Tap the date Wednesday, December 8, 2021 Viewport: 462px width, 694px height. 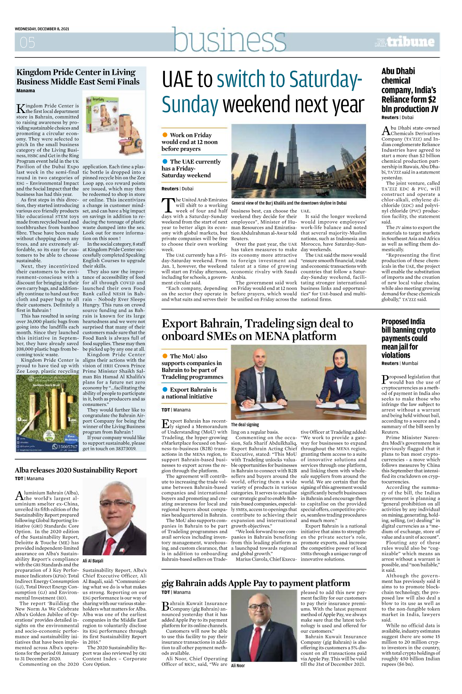42,29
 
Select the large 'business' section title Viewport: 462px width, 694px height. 229,40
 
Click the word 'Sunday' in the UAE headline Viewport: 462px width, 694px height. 190,104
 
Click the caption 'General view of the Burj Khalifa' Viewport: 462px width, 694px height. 289,203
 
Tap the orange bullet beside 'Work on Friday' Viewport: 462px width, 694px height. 165,135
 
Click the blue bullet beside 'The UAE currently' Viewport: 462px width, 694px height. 165,162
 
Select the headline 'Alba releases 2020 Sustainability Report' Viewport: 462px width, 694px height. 76,470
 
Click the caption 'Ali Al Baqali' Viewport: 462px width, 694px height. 93,561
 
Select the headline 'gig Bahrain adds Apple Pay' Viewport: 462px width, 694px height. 255,583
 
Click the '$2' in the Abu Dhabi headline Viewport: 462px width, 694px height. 431,99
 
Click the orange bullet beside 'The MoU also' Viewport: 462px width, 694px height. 165,356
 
